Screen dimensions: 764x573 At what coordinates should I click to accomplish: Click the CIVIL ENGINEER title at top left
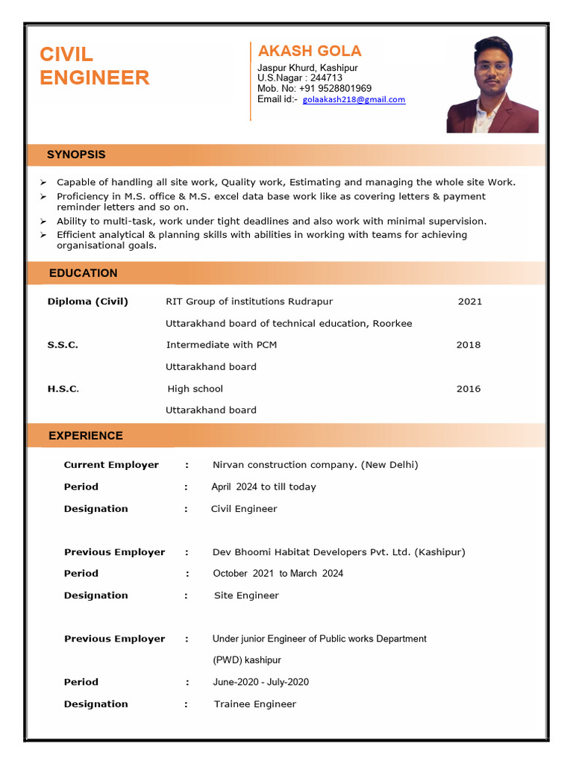coord(94,66)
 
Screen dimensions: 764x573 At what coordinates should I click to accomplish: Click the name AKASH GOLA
coord(310,51)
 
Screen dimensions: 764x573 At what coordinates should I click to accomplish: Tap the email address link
coord(354,99)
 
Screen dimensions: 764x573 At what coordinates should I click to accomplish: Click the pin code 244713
coord(326,78)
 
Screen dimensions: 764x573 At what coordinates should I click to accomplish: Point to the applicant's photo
coord(492,85)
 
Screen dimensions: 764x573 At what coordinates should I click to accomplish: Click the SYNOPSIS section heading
coord(76,154)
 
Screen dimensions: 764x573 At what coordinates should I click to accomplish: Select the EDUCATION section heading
coord(83,273)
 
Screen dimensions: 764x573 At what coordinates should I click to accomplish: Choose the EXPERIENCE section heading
coord(86,436)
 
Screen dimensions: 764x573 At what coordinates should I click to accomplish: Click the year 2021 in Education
coord(470,301)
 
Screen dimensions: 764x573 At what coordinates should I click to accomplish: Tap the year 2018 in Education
coord(469,345)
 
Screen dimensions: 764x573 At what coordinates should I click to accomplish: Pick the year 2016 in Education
coord(469,389)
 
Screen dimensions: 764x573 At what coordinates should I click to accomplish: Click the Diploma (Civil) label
coord(88,301)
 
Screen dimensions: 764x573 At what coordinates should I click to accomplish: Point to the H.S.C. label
coord(63,389)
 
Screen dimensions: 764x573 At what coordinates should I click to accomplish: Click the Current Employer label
coord(111,465)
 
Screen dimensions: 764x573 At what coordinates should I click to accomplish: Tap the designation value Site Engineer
coord(246,595)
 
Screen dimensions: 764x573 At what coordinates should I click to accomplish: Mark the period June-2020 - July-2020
coord(260,682)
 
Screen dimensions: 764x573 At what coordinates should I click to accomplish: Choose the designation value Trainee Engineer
coord(254,704)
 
